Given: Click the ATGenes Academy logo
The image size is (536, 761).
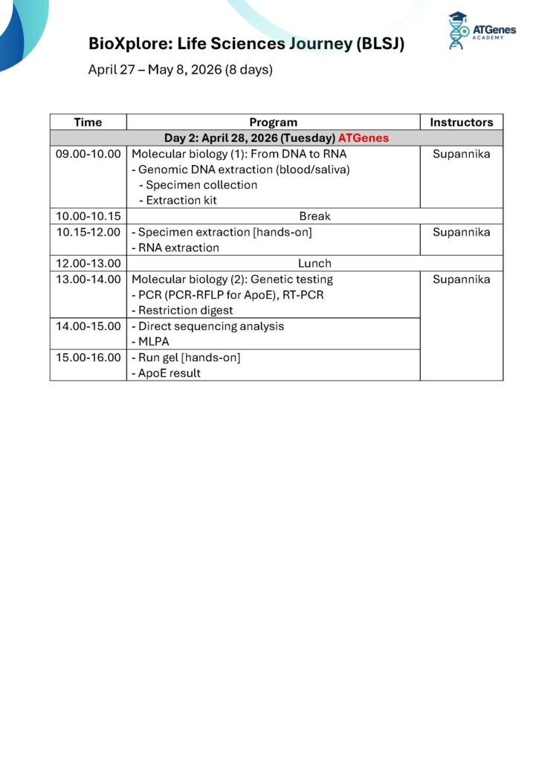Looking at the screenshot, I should (481, 31).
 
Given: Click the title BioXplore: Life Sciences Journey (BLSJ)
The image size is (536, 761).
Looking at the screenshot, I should (246, 44).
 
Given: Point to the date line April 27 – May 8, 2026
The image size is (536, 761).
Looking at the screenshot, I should (181, 70).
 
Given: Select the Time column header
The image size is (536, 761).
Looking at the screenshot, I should (88, 122).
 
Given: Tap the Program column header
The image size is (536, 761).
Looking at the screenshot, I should (273, 122).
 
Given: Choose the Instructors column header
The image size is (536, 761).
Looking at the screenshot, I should (461, 122).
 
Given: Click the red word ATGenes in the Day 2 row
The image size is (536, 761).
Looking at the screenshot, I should (363, 138).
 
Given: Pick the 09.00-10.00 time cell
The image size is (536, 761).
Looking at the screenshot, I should (88, 154).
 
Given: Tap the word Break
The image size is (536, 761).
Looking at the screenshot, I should (314, 216).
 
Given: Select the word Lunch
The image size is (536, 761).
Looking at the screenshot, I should (314, 263).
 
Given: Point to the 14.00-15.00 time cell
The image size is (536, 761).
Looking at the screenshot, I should (88, 326).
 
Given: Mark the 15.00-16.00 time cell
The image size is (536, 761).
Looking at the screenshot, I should (88, 357).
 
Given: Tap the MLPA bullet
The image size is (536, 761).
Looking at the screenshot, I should (154, 342).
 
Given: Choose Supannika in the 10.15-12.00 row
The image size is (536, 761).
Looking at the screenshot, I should (461, 232).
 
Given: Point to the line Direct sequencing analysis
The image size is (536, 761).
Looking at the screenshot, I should (209, 326).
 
